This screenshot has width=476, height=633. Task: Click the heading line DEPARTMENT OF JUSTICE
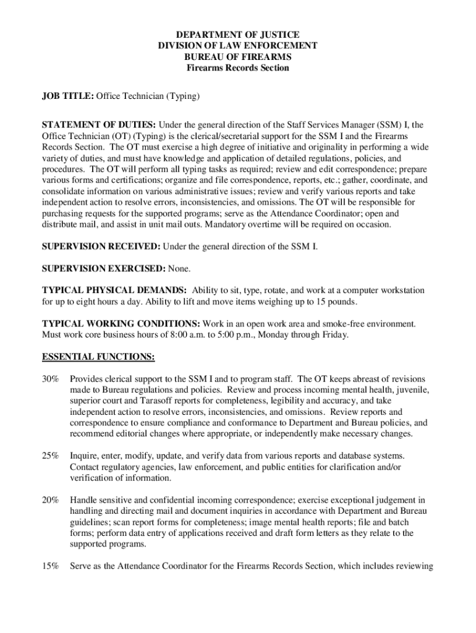(237, 35)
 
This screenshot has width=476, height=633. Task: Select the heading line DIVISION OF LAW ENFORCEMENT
(237, 46)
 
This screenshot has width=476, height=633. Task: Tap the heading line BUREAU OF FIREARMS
(237, 57)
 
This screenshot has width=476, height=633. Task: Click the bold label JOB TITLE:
(67, 96)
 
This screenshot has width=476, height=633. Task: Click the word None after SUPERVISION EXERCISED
(179, 268)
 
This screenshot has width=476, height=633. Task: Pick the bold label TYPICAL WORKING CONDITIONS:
(121, 324)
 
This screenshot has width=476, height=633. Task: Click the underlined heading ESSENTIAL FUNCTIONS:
(98, 357)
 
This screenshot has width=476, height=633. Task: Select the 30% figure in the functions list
(51, 379)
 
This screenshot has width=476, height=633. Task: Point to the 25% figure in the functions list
(51, 456)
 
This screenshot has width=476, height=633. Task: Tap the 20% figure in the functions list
(51, 499)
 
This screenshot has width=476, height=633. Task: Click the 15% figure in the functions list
(51, 566)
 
